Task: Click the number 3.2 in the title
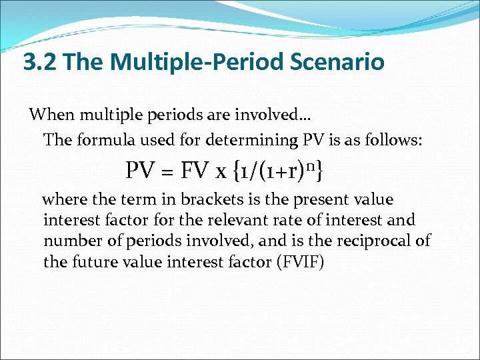[41, 63]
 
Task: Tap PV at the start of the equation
[141, 172]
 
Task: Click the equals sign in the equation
[167, 173]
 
